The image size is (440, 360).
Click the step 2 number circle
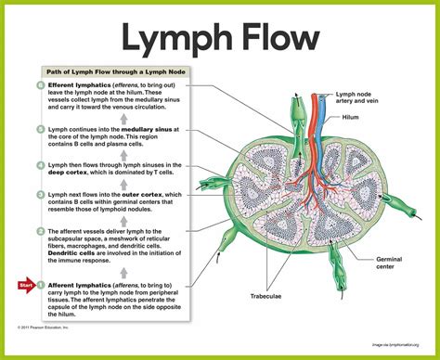point(40,231)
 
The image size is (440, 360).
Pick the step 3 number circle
point(40,195)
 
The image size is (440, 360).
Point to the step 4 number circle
point(40,164)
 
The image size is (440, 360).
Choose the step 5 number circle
point(40,129)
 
